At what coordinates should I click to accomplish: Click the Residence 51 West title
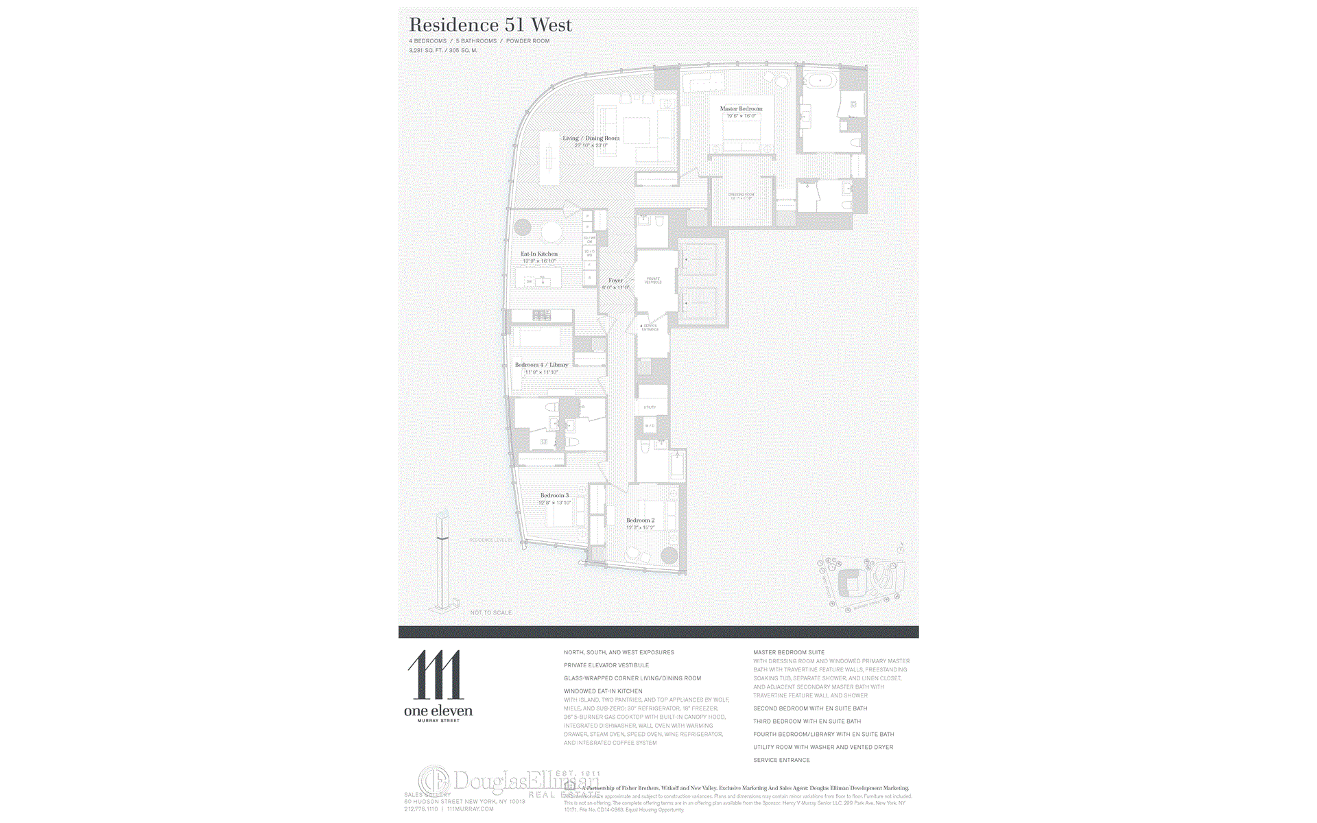coord(490,25)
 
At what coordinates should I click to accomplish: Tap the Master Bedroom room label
coord(741,109)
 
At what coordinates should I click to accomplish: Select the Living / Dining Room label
coord(591,139)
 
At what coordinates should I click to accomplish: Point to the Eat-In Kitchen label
coord(539,254)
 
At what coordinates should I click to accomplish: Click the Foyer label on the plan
coord(615,281)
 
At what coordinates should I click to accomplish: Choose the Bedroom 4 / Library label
coord(541,365)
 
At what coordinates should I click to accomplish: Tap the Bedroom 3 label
coord(554,495)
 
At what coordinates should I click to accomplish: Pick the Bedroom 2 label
coord(640,521)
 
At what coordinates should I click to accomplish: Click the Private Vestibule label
coord(653,281)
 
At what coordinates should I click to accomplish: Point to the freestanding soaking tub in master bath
coord(820,81)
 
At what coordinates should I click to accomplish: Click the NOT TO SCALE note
coord(491,612)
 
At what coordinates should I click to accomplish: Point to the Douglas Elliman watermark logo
coord(508,781)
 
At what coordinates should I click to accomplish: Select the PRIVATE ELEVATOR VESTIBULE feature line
coord(606,665)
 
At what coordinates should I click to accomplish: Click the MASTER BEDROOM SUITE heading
coord(789,652)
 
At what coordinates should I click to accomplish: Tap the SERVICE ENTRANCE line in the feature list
coord(781,760)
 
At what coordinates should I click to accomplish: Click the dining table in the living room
coord(549,158)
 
